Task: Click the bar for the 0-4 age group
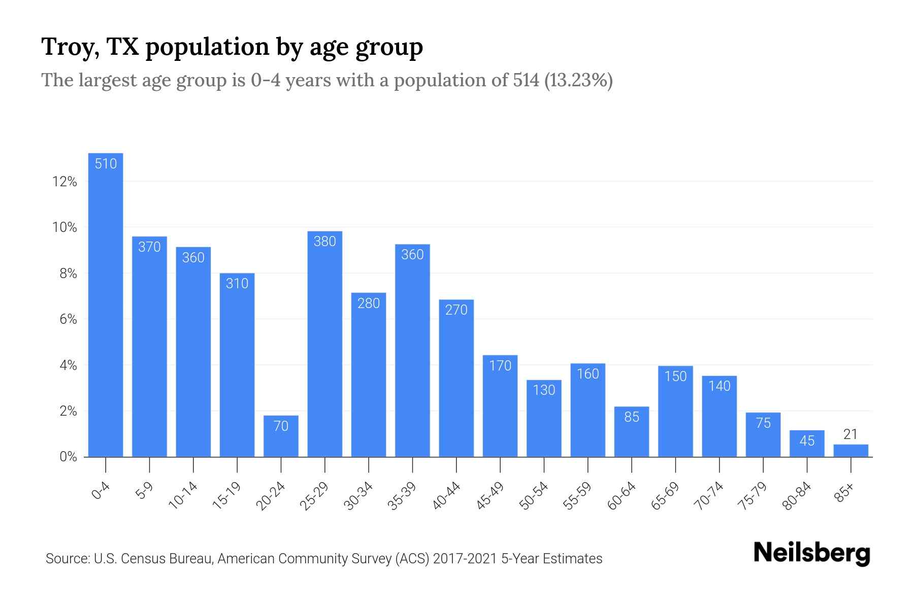click(x=106, y=304)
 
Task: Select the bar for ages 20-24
click(x=281, y=436)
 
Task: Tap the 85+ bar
click(x=851, y=451)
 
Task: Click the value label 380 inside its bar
click(x=325, y=242)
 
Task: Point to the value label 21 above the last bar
click(x=851, y=434)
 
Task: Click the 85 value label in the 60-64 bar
click(x=632, y=417)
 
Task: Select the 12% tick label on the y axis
click(x=64, y=182)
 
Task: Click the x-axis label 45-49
click(x=490, y=496)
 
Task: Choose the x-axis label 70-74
click(x=709, y=496)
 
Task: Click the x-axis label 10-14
click(x=183, y=496)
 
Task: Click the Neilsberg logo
click(x=811, y=553)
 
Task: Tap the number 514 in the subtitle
click(x=526, y=80)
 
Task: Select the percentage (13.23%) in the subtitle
click(x=578, y=80)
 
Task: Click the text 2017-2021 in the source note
click(x=465, y=559)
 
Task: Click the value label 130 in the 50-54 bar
click(x=544, y=390)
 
